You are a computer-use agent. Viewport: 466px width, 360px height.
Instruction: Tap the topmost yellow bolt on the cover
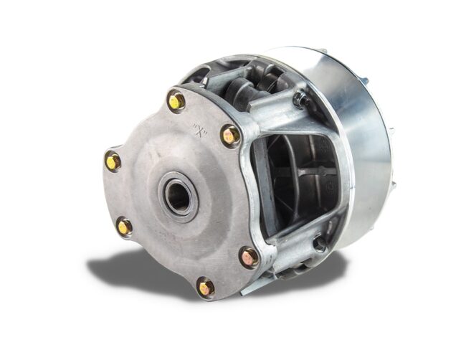tap(176, 101)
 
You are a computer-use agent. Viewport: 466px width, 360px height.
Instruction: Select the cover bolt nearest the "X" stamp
tap(230, 136)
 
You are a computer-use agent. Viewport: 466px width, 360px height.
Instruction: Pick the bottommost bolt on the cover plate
tap(206, 287)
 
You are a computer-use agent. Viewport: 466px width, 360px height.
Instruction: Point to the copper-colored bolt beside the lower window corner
tap(249, 257)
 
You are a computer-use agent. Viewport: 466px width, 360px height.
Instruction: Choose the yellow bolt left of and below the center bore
tap(125, 227)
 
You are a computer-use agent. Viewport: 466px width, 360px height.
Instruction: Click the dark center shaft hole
tap(177, 196)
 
